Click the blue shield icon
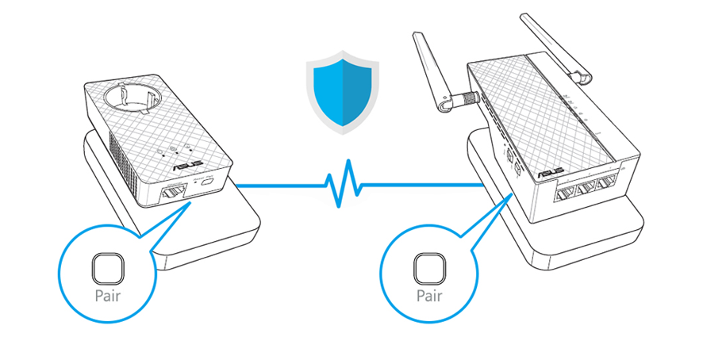coord(343,92)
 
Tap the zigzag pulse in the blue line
coord(344,184)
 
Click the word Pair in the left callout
coord(108,296)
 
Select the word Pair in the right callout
coord(429,296)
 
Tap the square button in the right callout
coord(429,269)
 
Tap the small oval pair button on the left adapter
coord(207,183)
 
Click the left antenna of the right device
coord(432,71)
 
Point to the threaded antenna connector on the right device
coord(468,97)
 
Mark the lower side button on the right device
coord(519,170)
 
